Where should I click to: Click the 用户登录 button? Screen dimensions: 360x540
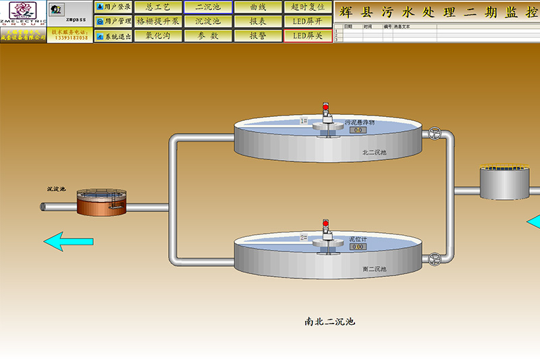(x=113, y=7)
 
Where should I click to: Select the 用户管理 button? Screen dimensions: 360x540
(x=113, y=22)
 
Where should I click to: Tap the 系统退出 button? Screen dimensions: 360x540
(x=113, y=36)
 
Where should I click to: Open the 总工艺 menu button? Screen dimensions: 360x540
(x=158, y=7)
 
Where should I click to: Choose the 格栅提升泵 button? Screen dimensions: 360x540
(x=158, y=22)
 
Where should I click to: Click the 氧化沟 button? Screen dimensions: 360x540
(x=158, y=36)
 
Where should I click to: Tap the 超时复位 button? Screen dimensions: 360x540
(x=308, y=7)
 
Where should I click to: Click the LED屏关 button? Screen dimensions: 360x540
(x=308, y=36)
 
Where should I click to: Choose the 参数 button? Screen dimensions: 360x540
(x=208, y=36)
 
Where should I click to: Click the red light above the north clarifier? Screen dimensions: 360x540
(x=325, y=107)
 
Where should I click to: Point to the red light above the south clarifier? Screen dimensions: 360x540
(x=325, y=223)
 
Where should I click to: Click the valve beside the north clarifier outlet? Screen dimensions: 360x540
(x=435, y=134)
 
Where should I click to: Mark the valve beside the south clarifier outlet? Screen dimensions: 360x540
(x=434, y=259)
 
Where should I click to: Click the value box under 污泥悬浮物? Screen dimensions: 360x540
(x=358, y=130)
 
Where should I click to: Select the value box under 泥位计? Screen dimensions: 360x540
(x=358, y=247)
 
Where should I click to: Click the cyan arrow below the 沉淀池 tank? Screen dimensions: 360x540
(x=68, y=240)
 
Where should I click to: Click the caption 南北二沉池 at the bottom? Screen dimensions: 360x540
(x=329, y=322)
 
